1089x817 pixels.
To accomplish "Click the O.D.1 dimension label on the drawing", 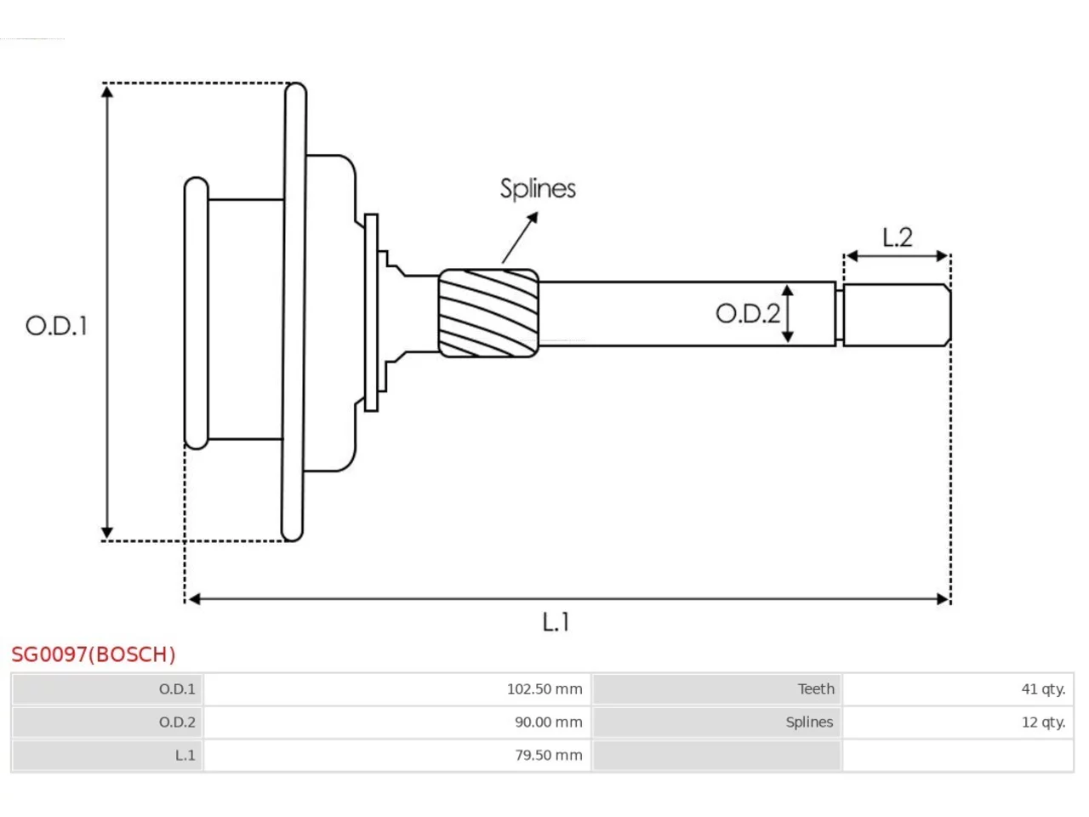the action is [56, 326].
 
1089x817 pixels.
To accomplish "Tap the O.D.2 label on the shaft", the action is [748, 313].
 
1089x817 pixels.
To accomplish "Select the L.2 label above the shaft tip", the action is [897, 237].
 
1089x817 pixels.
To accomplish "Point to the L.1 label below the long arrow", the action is [556, 621].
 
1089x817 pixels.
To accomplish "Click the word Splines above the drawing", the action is [538, 188].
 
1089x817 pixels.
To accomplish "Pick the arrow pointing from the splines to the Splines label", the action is [520, 237].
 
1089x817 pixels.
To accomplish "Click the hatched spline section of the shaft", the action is [488, 313].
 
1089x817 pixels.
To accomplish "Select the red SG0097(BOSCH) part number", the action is [94, 654].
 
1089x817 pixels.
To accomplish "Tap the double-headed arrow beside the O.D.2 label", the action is [787, 313].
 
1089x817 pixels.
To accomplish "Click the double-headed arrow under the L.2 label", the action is [897, 256].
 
